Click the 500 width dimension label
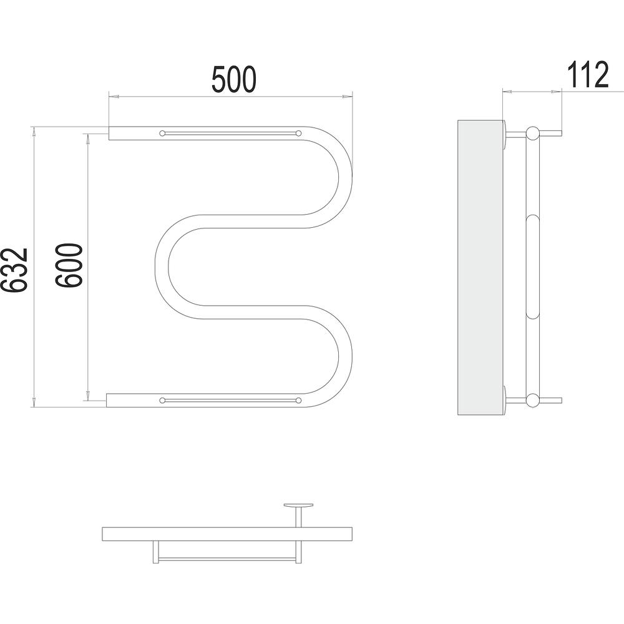coord(233,80)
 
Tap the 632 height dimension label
coord(14,270)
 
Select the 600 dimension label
coord(69,265)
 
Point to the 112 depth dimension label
coord(588,74)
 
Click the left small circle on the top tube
coord(162,133)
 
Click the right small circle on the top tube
coord(298,133)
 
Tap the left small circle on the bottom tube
coord(162,400)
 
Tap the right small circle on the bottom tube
coord(298,400)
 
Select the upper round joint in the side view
coord(532,133)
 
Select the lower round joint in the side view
coord(532,400)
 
